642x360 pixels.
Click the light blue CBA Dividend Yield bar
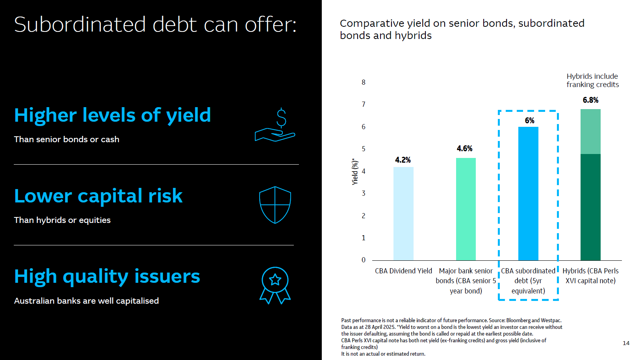coord(403,213)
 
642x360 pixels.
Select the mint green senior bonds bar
coord(466,209)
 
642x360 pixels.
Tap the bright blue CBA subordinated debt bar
coord(528,193)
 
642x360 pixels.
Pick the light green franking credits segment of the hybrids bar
coord(590,132)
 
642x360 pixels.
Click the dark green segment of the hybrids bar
coord(590,207)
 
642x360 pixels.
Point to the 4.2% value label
coord(403,160)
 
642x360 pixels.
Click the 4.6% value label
coord(465,148)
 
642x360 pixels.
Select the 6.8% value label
coord(590,100)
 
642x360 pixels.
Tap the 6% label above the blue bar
coord(529,121)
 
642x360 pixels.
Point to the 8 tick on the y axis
coord(364,82)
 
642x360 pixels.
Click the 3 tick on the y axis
coord(364,193)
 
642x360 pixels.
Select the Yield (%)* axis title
coord(355,171)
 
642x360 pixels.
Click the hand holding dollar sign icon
coord(275,125)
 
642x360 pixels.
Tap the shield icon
coord(275,205)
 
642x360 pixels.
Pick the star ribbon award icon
coord(275,286)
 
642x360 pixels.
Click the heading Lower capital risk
coord(98,196)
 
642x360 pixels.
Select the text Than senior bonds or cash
coord(67,139)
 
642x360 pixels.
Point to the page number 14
coord(626,343)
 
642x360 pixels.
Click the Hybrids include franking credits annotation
coord(592,80)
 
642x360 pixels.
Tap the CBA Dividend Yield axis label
coord(403,271)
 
